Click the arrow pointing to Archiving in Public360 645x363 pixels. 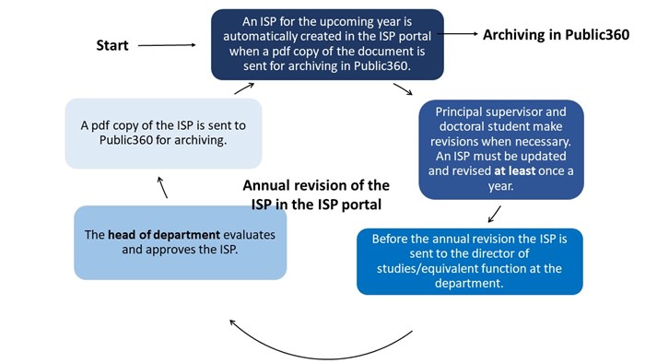[x=460, y=35]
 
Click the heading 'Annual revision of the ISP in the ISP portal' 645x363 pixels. [x=316, y=193]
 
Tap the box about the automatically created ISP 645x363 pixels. [x=327, y=43]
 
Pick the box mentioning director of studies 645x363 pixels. [x=469, y=262]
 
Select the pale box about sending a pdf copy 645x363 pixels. [x=164, y=132]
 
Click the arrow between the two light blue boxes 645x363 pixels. [x=163, y=188]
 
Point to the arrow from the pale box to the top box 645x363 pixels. [x=243, y=88]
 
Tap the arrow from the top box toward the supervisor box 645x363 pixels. [x=403, y=89]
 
